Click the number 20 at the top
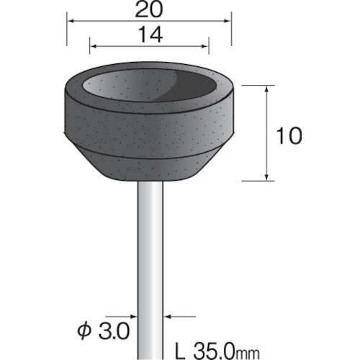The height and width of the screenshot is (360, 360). tap(148, 9)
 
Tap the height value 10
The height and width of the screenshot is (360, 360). tap(289, 136)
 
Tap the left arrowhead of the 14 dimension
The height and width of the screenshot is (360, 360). tap(94, 46)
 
